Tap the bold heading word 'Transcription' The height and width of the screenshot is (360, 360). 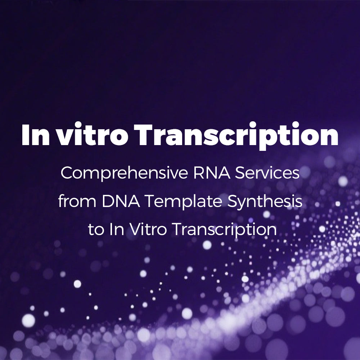[236, 136]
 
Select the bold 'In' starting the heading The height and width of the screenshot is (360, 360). [36, 135]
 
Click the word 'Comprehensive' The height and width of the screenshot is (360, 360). [124, 174]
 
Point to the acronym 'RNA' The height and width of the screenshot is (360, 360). [212, 173]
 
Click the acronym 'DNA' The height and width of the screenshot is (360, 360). [121, 201]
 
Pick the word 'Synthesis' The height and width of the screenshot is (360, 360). [265, 202]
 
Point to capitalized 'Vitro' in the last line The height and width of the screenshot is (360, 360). [148, 229]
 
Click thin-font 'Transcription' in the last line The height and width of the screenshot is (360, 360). [224, 230]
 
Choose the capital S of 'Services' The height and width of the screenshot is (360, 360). [240, 173]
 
